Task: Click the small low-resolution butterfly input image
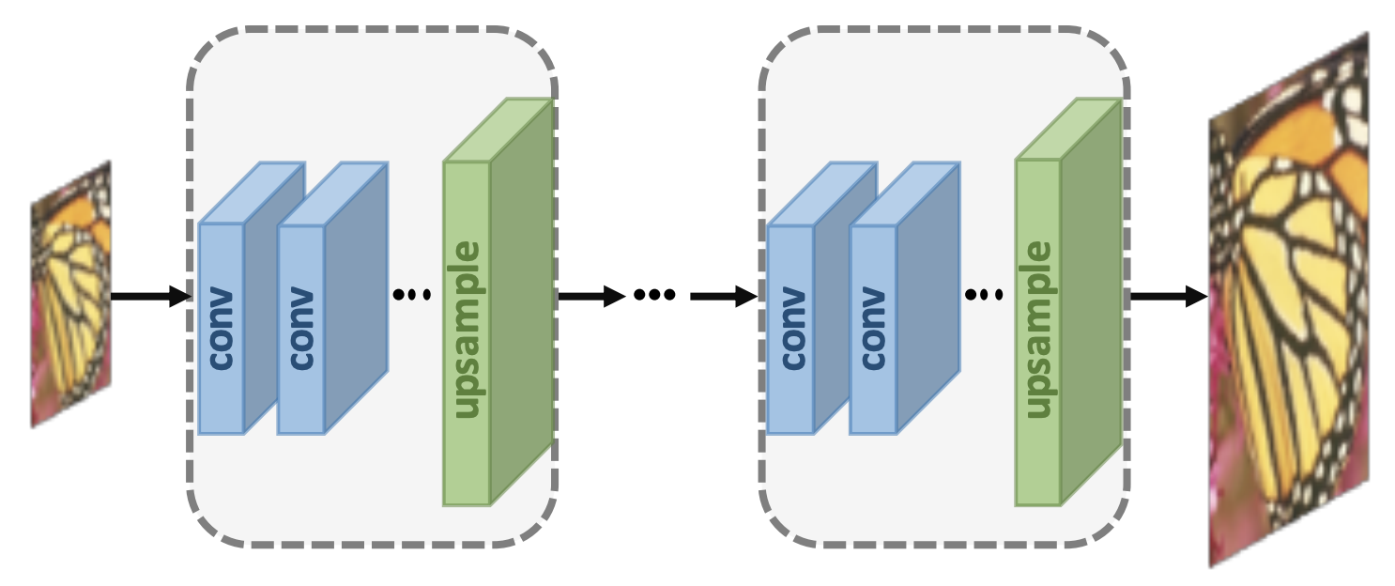pos(71,295)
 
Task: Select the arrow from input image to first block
pos(150,297)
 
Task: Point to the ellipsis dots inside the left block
pos(411,295)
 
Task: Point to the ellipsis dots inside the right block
pos(983,295)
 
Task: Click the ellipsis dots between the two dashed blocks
pos(654,295)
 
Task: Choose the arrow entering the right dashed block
pos(723,297)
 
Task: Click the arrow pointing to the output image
pos(1169,297)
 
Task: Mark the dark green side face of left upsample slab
pos(522,301)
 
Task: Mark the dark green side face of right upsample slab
pos(1092,301)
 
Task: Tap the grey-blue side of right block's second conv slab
pos(927,301)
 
